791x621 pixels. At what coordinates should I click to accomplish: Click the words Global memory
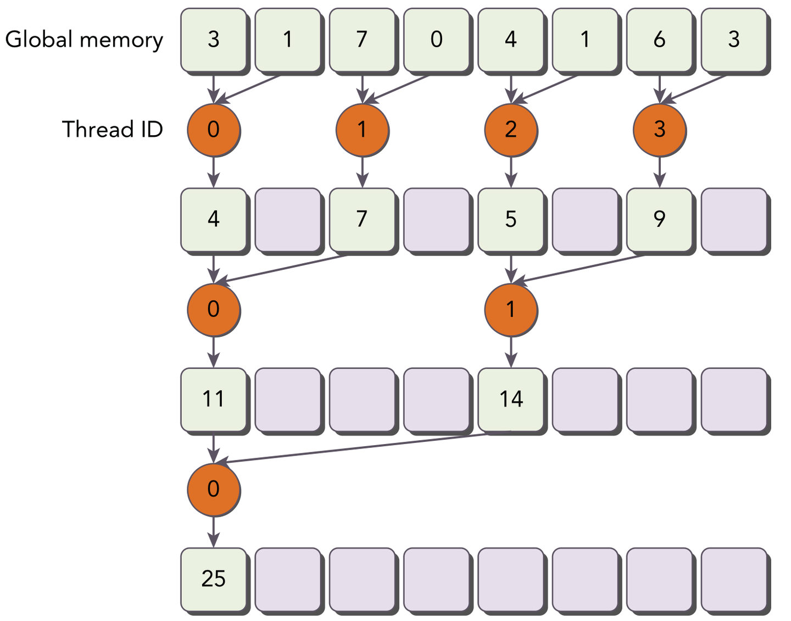point(84,40)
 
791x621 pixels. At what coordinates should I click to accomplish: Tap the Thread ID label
point(112,130)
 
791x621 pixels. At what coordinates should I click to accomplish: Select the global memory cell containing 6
point(659,40)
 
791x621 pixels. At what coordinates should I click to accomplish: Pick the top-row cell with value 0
point(436,40)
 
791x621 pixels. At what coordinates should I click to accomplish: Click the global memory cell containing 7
point(361,40)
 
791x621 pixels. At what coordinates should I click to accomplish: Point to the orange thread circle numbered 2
point(511,130)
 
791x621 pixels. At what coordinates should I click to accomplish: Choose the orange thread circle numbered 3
point(659,130)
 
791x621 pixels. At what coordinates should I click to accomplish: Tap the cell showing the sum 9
point(659,219)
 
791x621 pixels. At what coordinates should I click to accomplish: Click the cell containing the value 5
point(511,219)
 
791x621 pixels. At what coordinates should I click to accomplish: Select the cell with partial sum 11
point(213,399)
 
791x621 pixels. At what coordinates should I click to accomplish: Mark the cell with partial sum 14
point(511,399)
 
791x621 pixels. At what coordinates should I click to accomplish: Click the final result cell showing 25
point(213,579)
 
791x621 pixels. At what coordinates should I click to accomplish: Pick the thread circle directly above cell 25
point(213,489)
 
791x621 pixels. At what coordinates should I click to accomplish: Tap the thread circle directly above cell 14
point(511,309)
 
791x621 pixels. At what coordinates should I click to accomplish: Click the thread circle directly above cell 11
point(213,309)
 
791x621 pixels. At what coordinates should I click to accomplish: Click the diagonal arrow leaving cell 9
point(582,269)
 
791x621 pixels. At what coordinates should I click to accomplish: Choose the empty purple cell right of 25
point(288,579)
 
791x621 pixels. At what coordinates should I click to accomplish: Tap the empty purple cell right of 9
point(734,219)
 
